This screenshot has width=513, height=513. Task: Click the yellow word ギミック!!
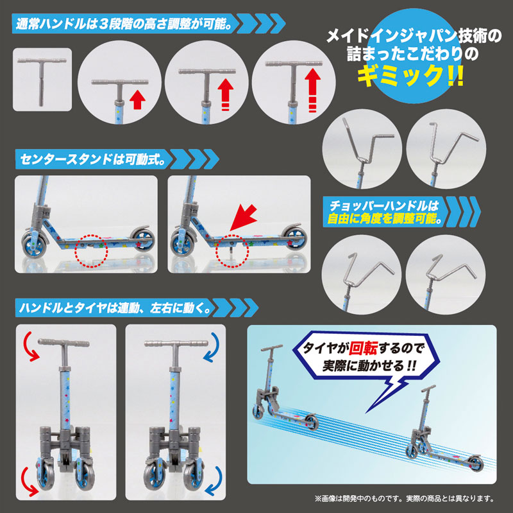[x=410, y=75]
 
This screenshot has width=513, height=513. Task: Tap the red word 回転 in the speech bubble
[x=363, y=348]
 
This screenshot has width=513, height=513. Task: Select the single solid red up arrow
[x=137, y=100]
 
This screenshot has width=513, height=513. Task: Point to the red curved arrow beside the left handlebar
[x=31, y=347]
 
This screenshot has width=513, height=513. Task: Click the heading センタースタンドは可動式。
[x=92, y=159]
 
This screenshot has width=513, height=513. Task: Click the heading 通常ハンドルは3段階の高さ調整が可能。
[x=124, y=24]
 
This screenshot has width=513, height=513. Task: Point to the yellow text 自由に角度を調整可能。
[x=385, y=218]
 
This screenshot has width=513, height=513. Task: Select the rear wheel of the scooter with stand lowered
[x=295, y=238]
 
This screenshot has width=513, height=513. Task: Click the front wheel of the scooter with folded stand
[x=33, y=246]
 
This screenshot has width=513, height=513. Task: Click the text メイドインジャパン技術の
[x=414, y=36]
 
